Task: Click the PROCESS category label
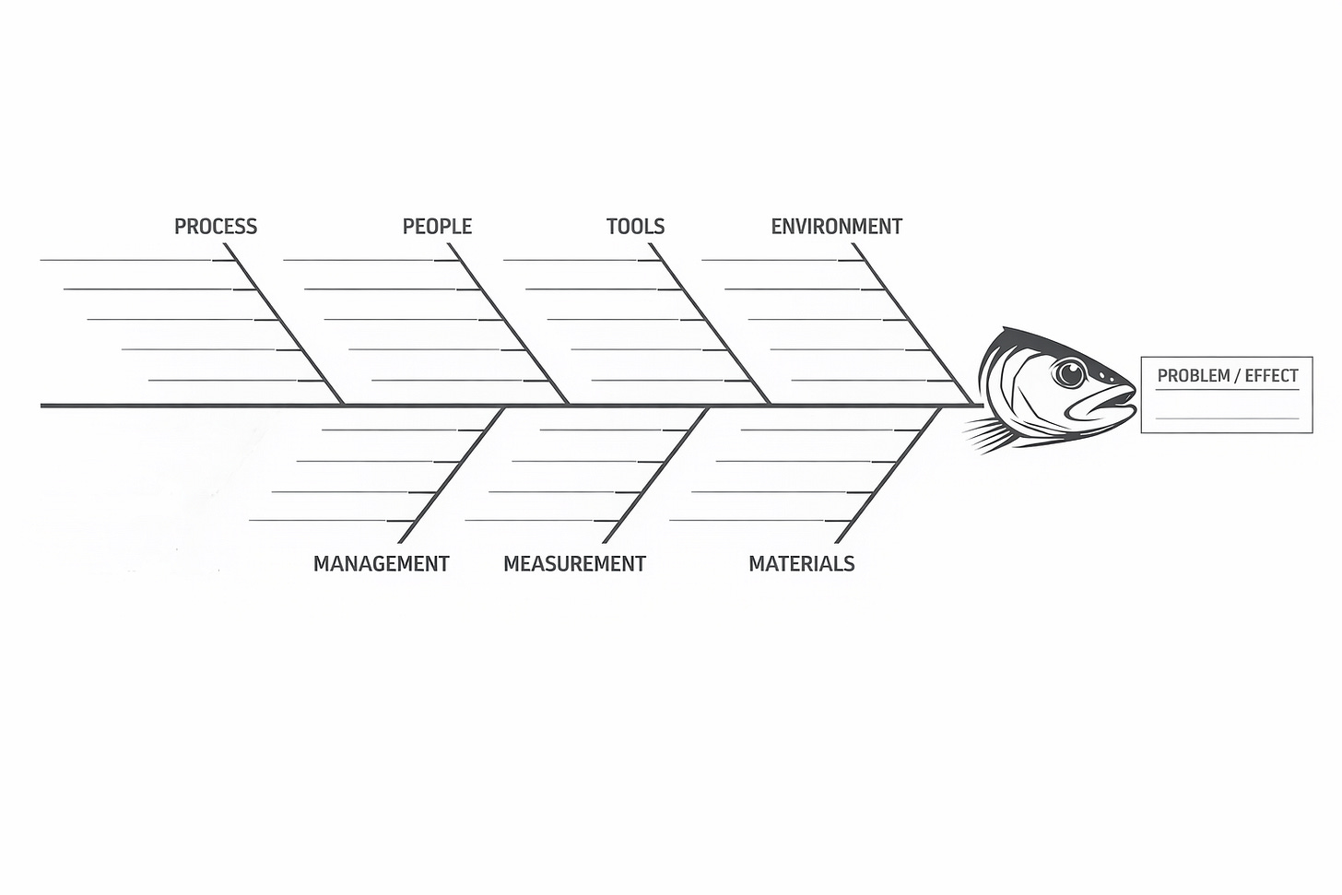click(x=216, y=227)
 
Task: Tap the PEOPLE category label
click(x=437, y=227)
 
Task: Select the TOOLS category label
click(x=635, y=227)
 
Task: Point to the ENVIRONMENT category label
click(x=836, y=227)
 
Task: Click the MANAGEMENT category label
click(x=381, y=564)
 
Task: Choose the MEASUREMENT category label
click(x=574, y=564)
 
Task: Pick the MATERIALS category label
click(x=801, y=564)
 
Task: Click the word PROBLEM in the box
click(x=1194, y=376)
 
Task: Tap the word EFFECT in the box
click(x=1271, y=376)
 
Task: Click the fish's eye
click(x=1069, y=373)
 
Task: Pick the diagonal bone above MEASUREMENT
click(x=656, y=475)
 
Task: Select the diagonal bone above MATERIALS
click(x=888, y=475)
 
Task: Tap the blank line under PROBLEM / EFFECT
click(x=1227, y=419)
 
